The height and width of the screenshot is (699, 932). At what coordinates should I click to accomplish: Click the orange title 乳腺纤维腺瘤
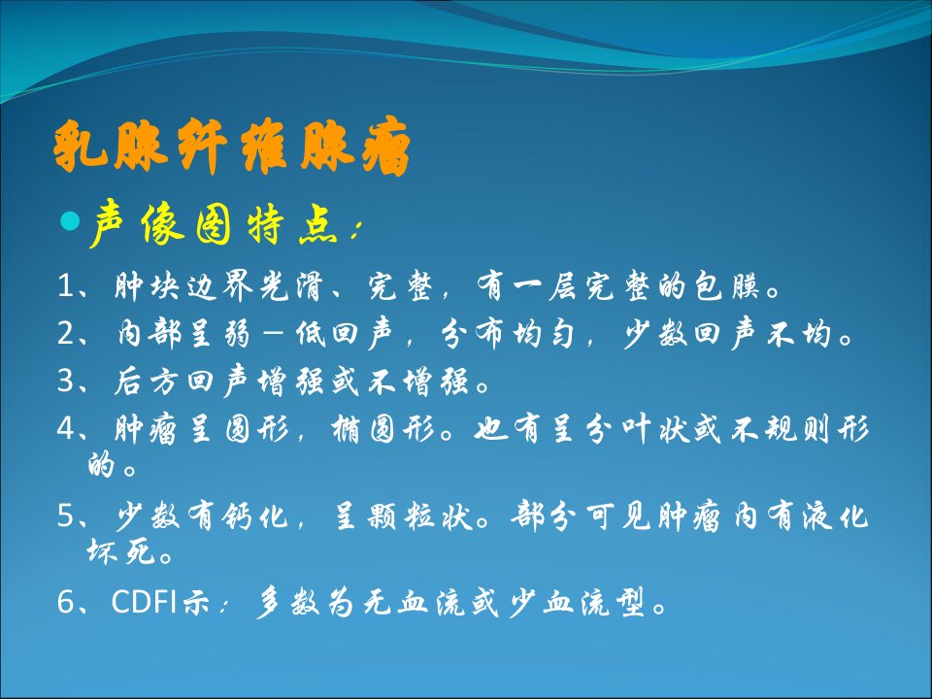click(232, 147)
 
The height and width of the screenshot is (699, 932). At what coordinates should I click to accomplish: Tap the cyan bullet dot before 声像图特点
click(70, 221)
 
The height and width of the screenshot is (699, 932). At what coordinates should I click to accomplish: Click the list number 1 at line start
click(65, 285)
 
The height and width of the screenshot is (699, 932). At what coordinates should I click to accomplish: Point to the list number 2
click(65, 333)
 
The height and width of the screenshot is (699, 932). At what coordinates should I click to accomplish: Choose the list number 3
click(65, 381)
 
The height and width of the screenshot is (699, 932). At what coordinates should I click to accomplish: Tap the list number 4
click(65, 428)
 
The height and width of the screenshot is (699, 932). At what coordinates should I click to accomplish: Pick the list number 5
click(65, 516)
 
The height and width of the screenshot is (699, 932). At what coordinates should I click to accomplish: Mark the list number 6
click(65, 602)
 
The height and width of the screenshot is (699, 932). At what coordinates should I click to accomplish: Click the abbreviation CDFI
click(144, 602)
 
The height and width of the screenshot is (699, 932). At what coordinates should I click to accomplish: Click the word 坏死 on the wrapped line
click(121, 552)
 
